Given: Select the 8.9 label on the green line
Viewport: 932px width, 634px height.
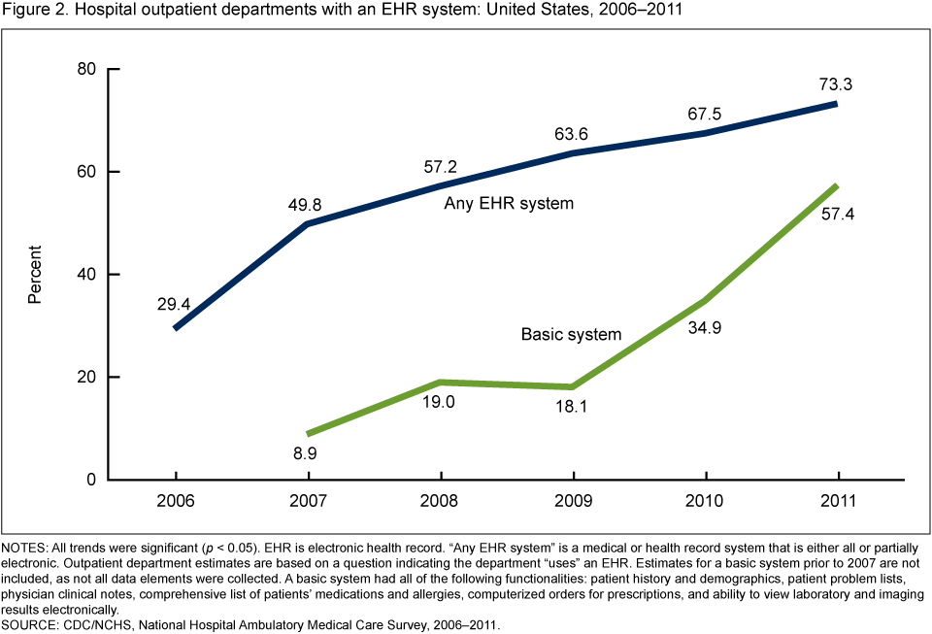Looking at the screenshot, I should point(308,452).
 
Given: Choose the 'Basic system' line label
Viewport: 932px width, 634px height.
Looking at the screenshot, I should point(571,334).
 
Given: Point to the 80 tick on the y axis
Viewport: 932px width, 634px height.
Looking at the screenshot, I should point(87,69).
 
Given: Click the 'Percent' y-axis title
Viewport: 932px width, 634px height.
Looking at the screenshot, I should point(35,275).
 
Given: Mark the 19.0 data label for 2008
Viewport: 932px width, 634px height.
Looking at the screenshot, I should point(441,403).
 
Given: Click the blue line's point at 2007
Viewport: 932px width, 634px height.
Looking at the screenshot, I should point(308,223).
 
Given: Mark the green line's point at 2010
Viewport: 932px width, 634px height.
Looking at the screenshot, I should point(706,301).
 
